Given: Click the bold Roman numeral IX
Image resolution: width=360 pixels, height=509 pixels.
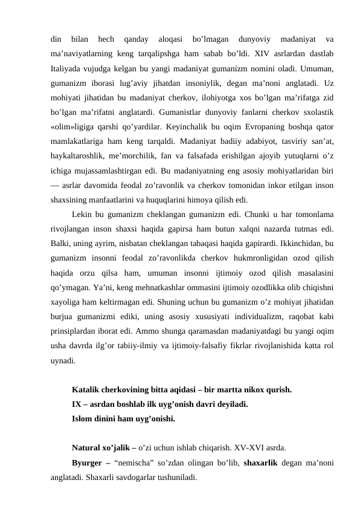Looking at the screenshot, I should click(x=76, y=404).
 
